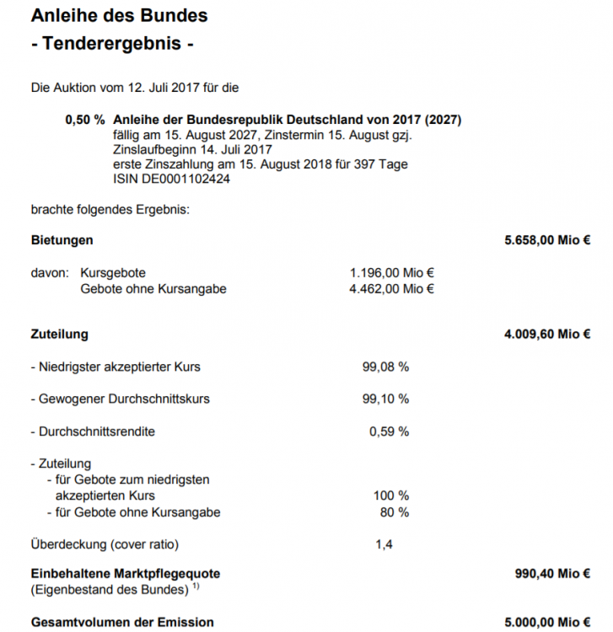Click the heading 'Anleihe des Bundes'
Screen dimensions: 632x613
coord(119,16)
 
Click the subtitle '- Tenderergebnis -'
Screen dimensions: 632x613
coord(112,44)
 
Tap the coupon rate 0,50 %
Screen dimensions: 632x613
coord(85,120)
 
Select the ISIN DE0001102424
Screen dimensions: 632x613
coord(171,179)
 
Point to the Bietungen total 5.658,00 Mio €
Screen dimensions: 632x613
coord(547,240)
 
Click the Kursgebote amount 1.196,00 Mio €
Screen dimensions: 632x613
coord(392,273)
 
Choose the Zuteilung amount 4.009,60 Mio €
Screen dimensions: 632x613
coord(547,335)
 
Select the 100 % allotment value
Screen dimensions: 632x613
coord(391,495)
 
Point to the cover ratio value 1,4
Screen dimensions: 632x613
coord(384,544)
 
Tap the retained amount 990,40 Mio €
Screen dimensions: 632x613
coord(552,574)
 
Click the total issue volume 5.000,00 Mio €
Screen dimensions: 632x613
coord(547,622)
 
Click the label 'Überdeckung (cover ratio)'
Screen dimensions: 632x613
coord(105,544)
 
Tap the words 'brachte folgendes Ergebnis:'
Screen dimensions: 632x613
coord(110,209)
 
